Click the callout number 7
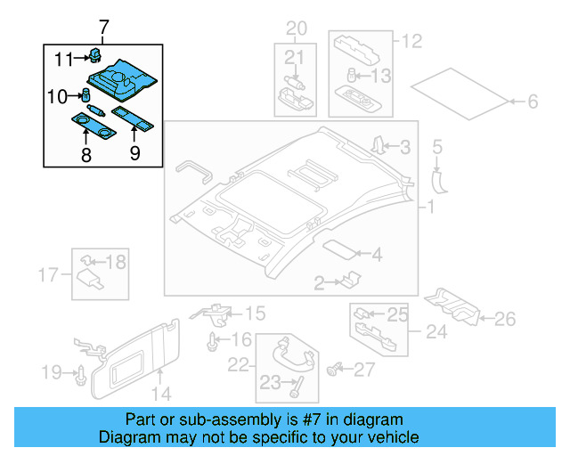[x=103, y=27]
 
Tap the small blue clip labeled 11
[x=94, y=57]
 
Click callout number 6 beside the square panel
[x=533, y=102]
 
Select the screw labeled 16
[x=213, y=340]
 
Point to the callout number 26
[x=504, y=318]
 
